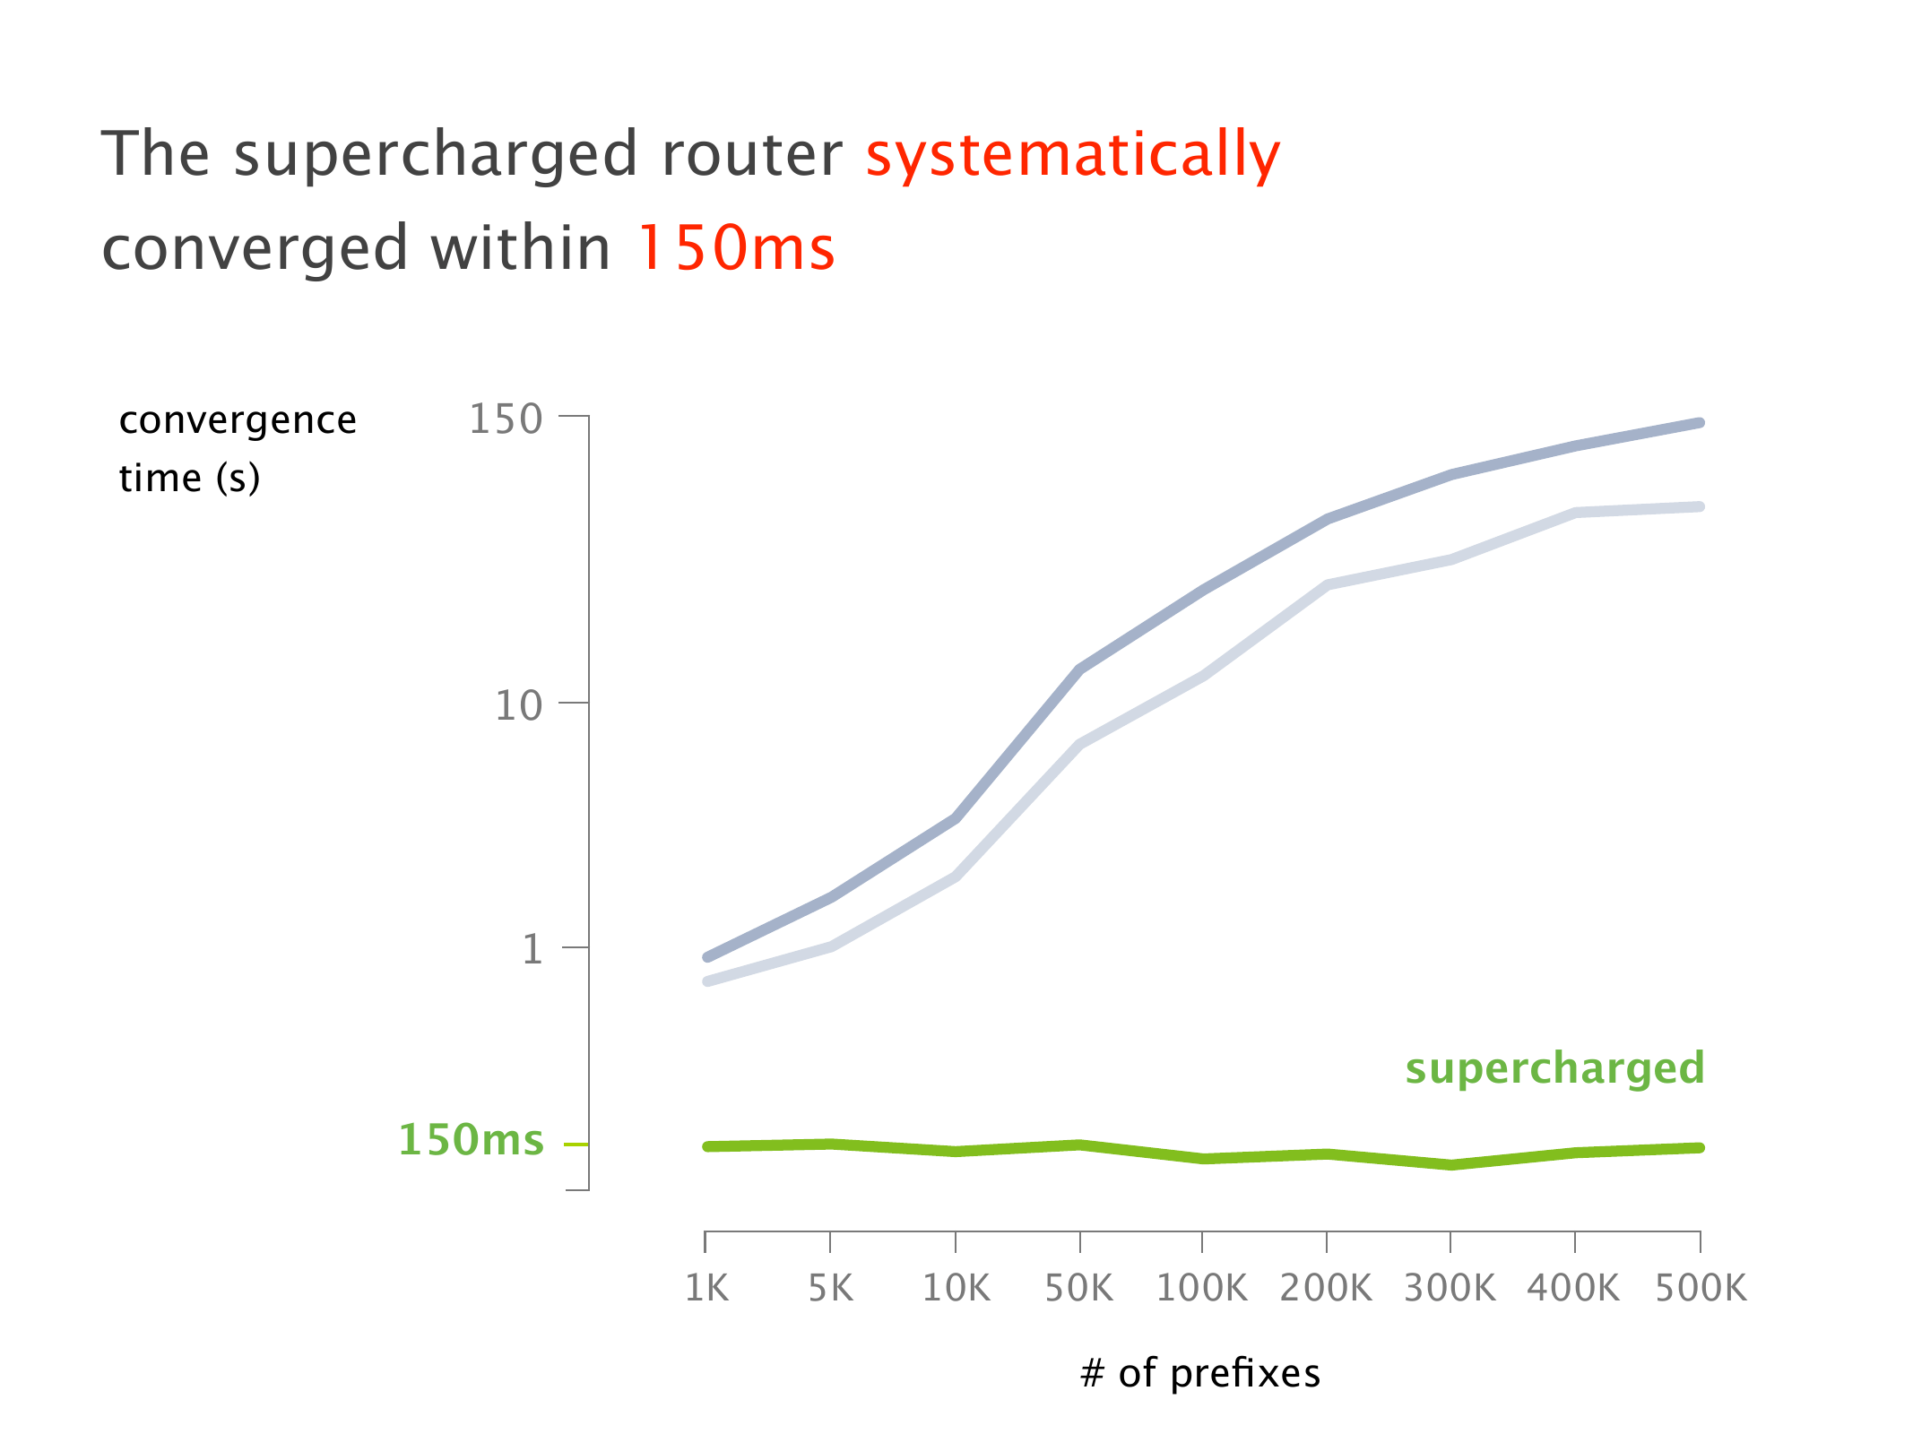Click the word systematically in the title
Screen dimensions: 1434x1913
pyautogui.click(x=1072, y=155)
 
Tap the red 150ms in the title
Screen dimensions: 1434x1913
pyautogui.click(x=735, y=248)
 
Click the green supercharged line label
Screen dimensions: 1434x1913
pyautogui.click(x=1554, y=1068)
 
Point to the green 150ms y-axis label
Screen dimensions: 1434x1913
pyautogui.click(x=471, y=1140)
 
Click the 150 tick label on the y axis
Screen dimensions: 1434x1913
pyautogui.click(x=506, y=419)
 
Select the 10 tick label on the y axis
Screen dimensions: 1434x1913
pyautogui.click(x=519, y=706)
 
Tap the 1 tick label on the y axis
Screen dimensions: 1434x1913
pyautogui.click(x=532, y=949)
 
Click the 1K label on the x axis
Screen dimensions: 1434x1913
pyautogui.click(x=706, y=1288)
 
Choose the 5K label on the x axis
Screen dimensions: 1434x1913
pyautogui.click(x=830, y=1288)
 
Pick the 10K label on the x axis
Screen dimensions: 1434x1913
pyautogui.click(x=956, y=1288)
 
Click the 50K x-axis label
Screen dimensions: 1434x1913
pyautogui.click(x=1079, y=1288)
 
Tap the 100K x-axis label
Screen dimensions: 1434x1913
pyautogui.click(x=1201, y=1288)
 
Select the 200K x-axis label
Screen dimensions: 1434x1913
pyautogui.click(x=1326, y=1288)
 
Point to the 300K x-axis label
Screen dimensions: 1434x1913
pyautogui.click(x=1450, y=1288)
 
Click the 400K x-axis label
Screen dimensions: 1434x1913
pyautogui.click(x=1574, y=1288)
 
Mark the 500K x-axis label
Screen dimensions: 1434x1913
pyautogui.click(x=1701, y=1288)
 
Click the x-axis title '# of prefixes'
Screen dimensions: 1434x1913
pyautogui.click(x=1200, y=1373)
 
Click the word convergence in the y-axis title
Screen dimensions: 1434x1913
pyautogui.click(x=238, y=420)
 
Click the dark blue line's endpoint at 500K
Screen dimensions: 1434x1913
pyautogui.click(x=1700, y=423)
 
